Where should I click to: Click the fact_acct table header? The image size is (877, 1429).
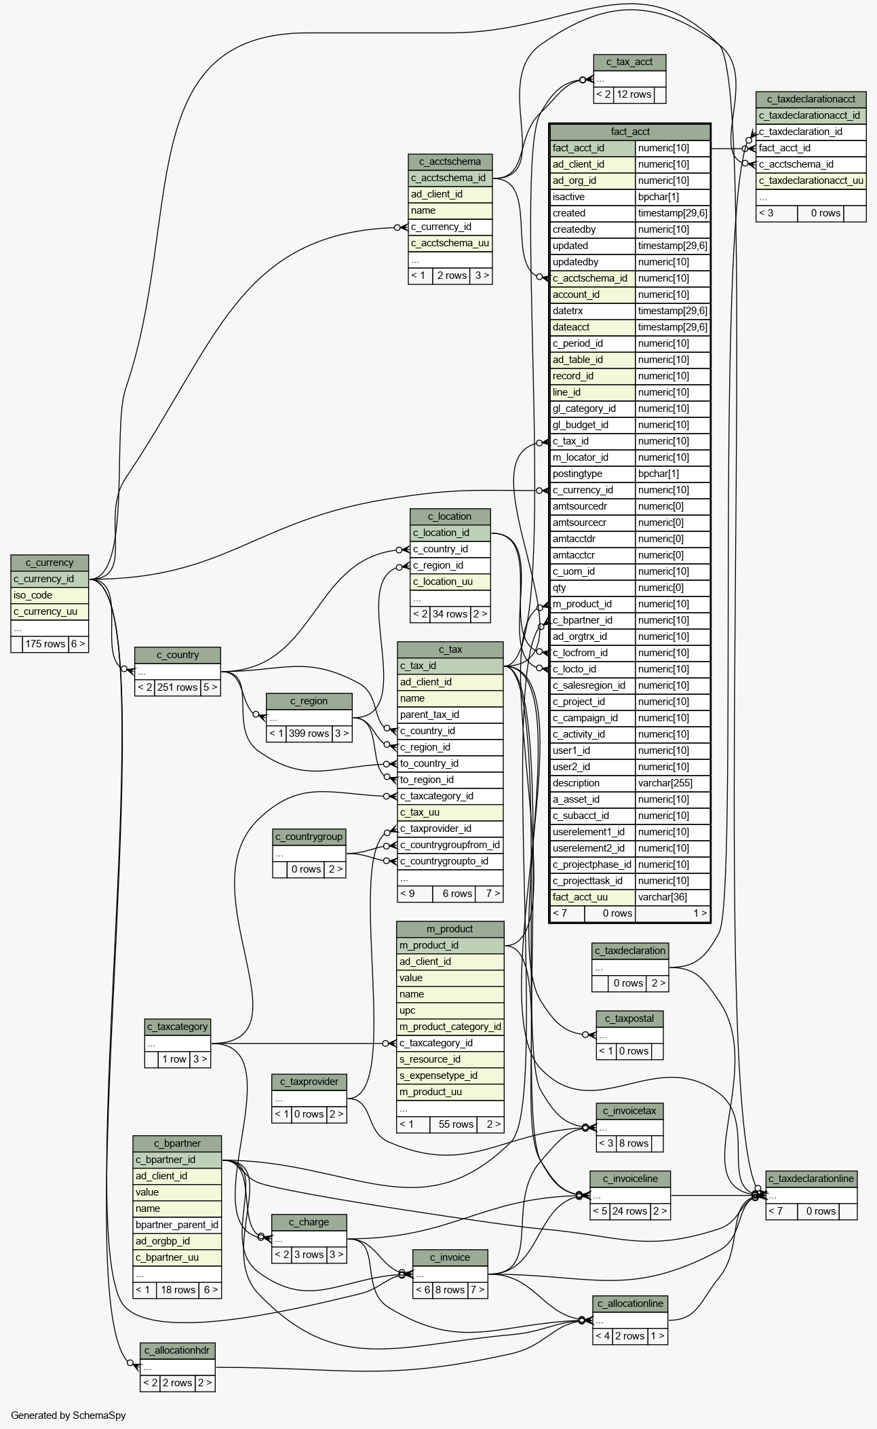629,132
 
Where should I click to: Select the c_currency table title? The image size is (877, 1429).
50,563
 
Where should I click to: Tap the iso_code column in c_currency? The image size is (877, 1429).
50,595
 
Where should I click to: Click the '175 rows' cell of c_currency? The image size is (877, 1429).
45,644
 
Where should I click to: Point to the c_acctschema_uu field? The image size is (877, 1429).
450,243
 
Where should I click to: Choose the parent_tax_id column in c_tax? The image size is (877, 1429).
450,714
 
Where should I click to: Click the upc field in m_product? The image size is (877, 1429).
450,1010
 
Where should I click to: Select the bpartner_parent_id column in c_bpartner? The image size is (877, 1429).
177,1225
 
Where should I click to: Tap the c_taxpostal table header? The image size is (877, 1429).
629,1018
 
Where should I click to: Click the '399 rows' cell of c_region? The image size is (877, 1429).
309,733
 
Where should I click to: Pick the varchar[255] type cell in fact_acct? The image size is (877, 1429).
672,783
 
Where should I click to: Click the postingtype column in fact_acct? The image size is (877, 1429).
592,474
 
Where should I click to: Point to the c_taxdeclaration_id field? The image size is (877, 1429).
811,132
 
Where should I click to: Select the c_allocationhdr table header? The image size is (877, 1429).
177,1350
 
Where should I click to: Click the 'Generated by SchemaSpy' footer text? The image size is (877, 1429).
68,1415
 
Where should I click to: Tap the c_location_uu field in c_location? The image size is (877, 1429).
450,582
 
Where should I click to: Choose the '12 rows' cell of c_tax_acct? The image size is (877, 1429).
634,94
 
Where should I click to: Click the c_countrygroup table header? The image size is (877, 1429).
309,837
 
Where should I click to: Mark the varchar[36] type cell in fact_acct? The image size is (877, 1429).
672,897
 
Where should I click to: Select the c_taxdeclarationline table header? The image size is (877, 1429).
811,1179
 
